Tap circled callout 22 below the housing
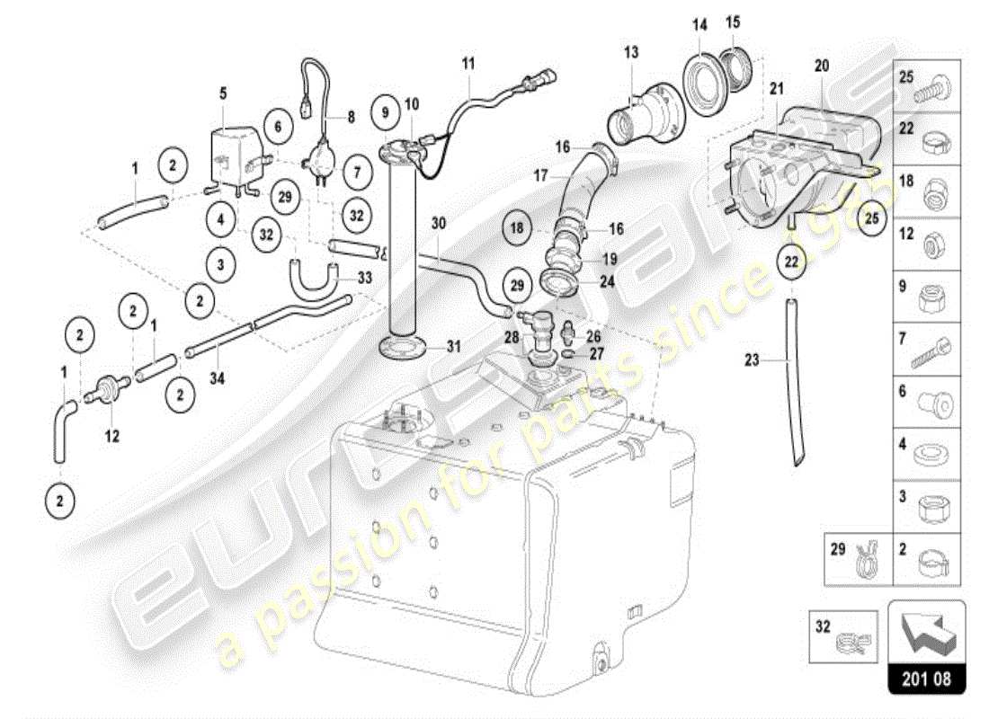point(791,262)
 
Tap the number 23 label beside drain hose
point(752,360)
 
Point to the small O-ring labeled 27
point(566,354)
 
